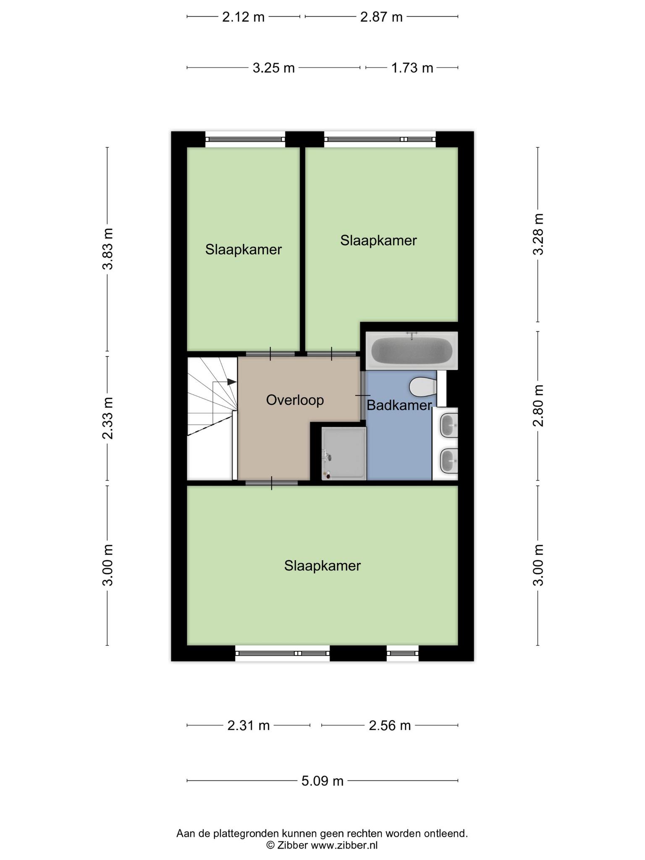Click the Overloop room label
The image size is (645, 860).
click(295, 400)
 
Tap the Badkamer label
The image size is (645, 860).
click(399, 405)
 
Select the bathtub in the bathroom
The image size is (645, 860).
click(412, 351)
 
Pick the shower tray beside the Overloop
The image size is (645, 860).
click(344, 454)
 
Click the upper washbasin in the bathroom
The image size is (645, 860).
click(449, 425)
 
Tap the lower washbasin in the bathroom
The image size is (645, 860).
click(449, 461)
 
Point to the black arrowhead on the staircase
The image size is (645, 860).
click(232, 382)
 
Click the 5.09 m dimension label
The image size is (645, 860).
click(322, 781)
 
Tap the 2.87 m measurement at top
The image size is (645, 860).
click(381, 17)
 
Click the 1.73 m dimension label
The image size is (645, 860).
click(412, 68)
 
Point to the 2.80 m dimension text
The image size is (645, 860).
click(538, 405)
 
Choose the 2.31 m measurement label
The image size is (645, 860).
click(248, 725)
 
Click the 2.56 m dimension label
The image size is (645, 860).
click(390, 725)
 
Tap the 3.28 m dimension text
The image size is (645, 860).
click(538, 234)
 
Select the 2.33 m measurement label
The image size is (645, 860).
click(108, 418)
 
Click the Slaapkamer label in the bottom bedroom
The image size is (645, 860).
click(322, 566)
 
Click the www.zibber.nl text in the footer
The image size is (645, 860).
click(344, 845)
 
